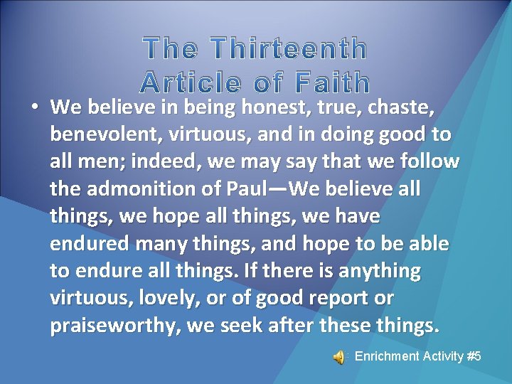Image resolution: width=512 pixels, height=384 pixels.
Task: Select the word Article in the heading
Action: pos(189,83)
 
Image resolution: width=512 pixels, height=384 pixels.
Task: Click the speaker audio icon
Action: pos(339,357)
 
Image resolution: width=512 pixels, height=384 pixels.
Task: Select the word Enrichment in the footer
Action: pos(385,356)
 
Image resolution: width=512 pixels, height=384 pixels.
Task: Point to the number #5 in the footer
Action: pos(474,356)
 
